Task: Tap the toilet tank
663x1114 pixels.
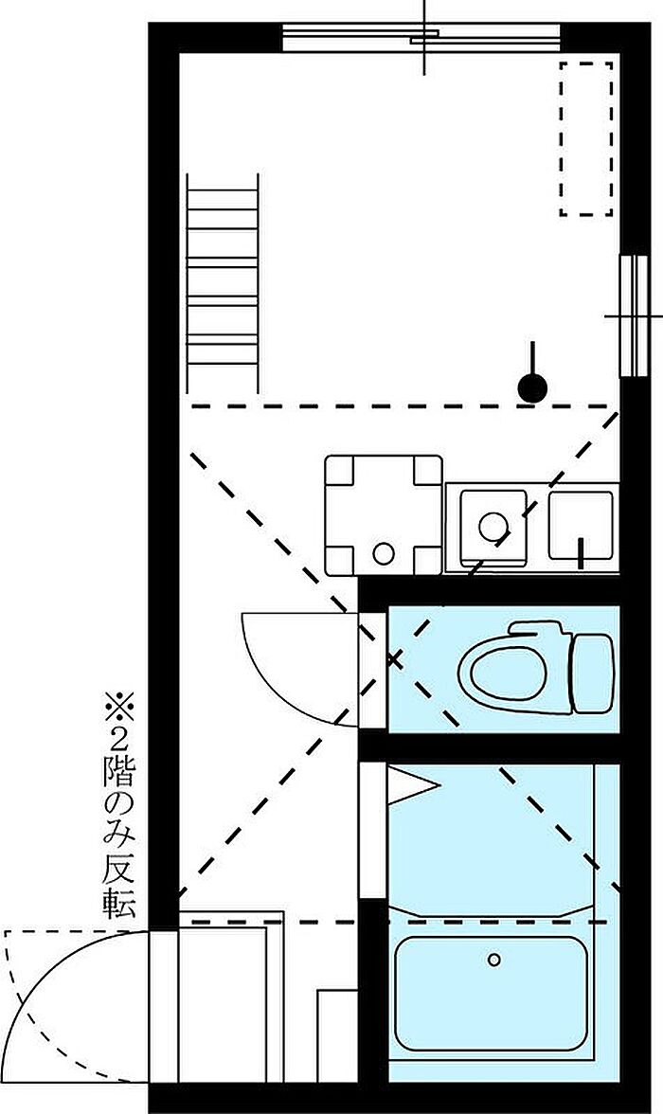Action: pos(593,674)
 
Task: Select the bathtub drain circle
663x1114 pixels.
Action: pos(493,960)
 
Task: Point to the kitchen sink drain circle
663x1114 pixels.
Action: pos(493,527)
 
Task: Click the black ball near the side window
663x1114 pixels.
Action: pos(532,388)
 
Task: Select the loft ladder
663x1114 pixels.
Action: pos(223,282)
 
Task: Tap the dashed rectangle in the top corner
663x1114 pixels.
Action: pos(586,138)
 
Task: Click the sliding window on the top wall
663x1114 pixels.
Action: pos(421,38)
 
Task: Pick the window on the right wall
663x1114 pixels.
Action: pos(634,315)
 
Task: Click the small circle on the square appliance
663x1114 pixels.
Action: pos(383,553)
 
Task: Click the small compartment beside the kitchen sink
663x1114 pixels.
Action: pos(581,526)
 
